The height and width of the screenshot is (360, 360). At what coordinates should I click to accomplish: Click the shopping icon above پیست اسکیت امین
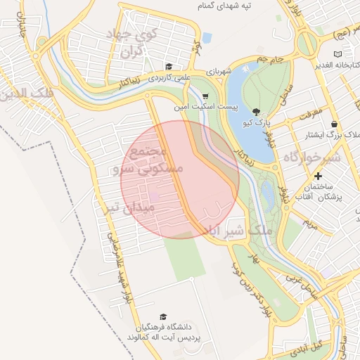[x=205, y=97]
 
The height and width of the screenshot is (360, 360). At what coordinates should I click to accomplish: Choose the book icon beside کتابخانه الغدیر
[x=338, y=53]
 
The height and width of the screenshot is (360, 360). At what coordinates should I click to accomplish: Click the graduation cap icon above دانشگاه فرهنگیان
[x=163, y=316]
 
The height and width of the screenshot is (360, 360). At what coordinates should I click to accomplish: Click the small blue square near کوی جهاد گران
[x=207, y=37]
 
